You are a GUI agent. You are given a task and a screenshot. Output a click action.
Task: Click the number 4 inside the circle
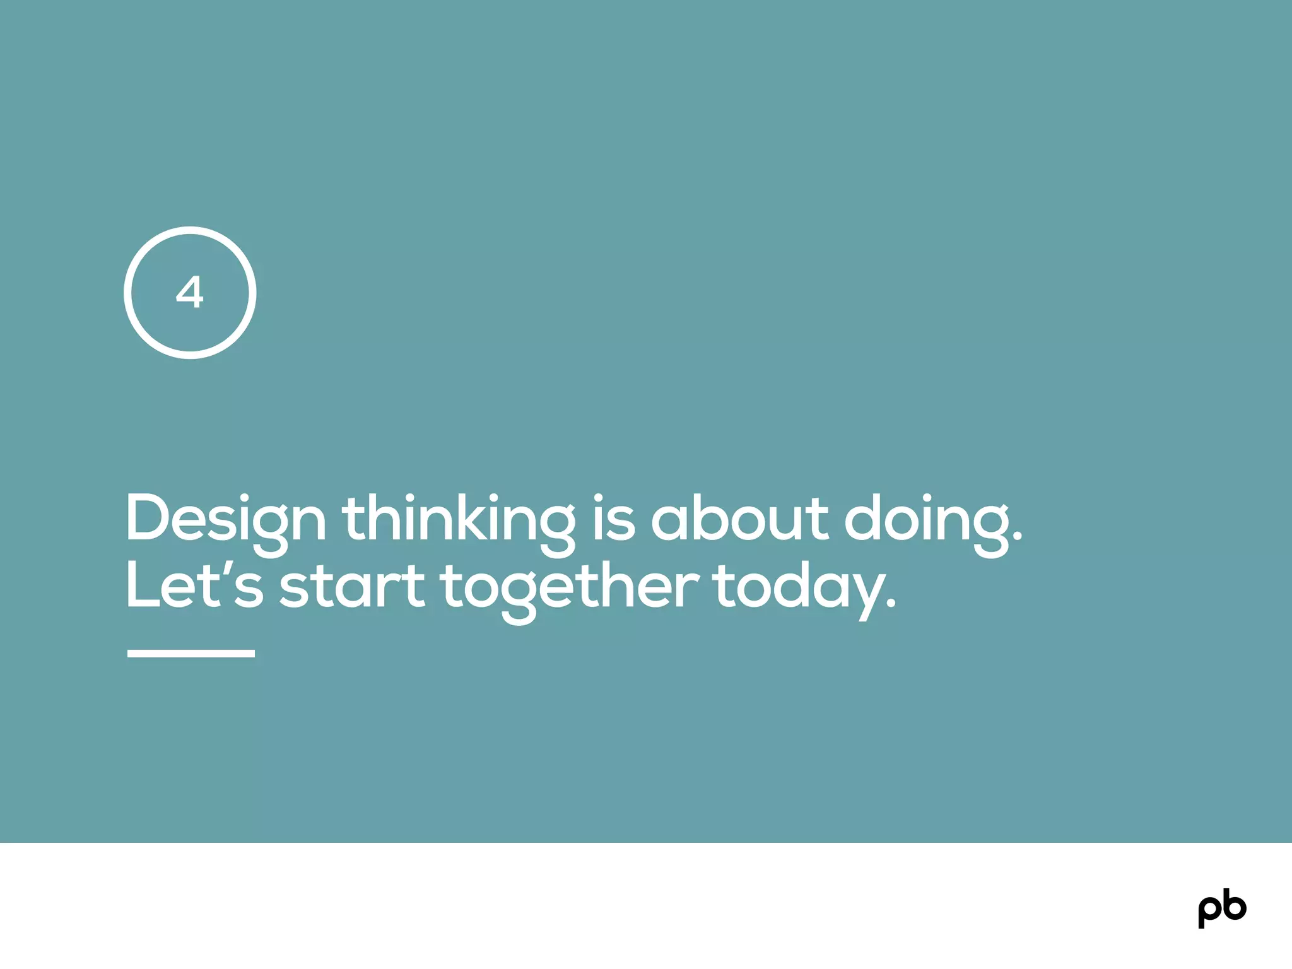click(189, 292)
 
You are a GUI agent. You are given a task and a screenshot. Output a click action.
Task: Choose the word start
click(352, 587)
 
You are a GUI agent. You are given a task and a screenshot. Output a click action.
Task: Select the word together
click(570, 587)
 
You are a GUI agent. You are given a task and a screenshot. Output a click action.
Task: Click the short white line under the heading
click(191, 654)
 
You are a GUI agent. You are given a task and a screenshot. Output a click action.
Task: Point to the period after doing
click(1016, 538)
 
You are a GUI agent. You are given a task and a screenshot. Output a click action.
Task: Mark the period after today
click(890, 604)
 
